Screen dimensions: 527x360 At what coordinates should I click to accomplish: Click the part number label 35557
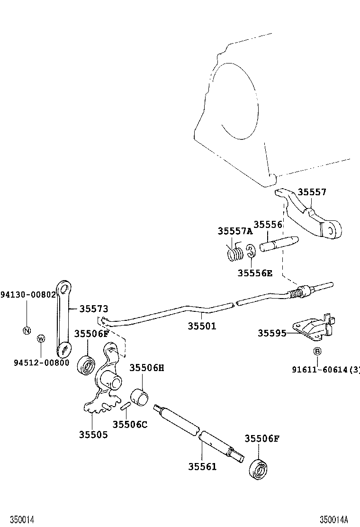(x=312, y=192)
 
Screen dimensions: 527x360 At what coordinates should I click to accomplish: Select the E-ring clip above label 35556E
(x=251, y=252)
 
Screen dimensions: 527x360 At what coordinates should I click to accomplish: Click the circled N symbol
(x=27, y=330)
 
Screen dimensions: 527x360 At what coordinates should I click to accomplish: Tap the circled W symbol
(x=41, y=338)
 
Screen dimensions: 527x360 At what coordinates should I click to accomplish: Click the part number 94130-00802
(x=28, y=294)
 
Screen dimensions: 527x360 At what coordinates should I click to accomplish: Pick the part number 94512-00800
(x=41, y=363)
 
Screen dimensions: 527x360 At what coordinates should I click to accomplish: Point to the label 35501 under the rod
(x=202, y=326)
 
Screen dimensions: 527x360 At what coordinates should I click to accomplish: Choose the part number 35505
(x=93, y=435)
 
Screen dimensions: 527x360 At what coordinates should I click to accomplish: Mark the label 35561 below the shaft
(x=202, y=466)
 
